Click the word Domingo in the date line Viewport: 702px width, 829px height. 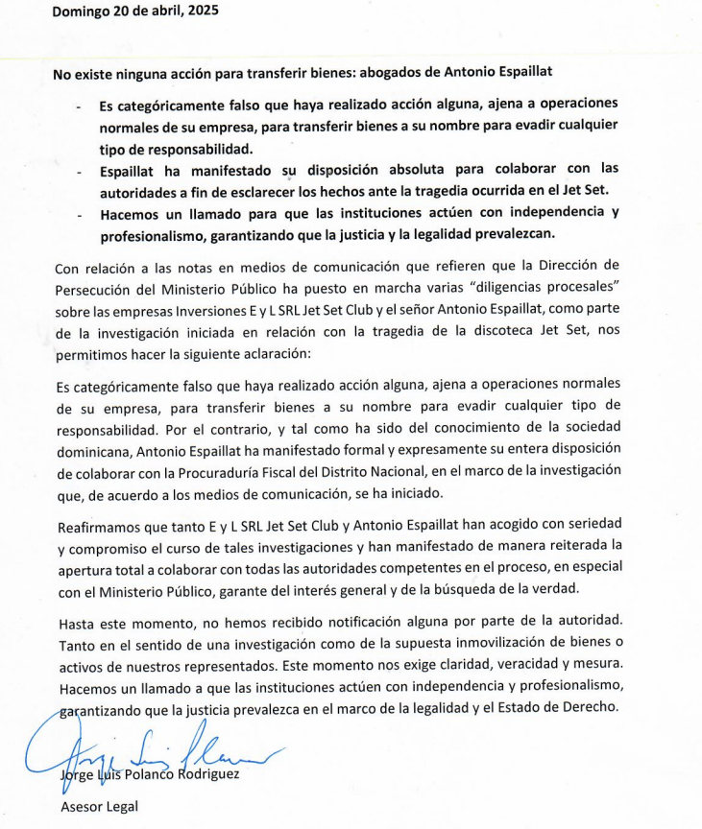pos(80,12)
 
